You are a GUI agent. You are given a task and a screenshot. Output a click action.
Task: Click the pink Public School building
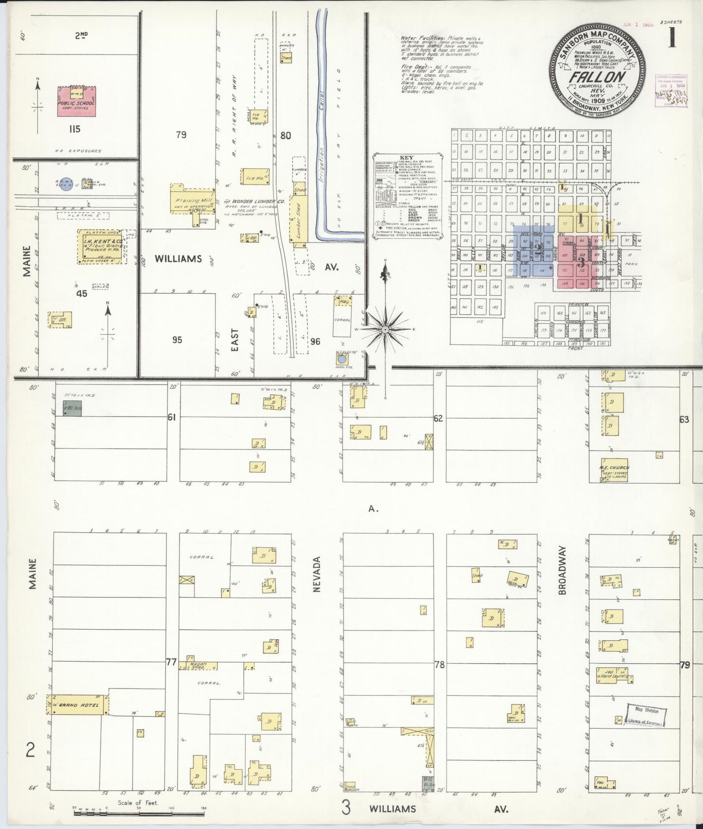click(76, 101)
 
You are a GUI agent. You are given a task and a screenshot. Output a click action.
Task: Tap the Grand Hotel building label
click(79, 705)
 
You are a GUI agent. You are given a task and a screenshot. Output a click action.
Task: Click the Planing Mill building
click(193, 200)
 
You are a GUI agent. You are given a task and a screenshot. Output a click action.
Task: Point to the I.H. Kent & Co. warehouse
click(98, 246)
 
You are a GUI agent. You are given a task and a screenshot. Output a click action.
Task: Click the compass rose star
click(385, 329)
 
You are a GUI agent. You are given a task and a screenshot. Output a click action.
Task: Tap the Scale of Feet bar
click(138, 810)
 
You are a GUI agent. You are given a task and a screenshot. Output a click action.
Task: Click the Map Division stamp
click(646, 715)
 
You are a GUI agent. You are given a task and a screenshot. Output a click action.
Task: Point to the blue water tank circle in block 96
click(342, 359)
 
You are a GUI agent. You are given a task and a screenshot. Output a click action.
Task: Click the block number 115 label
click(74, 129)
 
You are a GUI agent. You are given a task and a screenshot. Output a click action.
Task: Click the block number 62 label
click(438, 418)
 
